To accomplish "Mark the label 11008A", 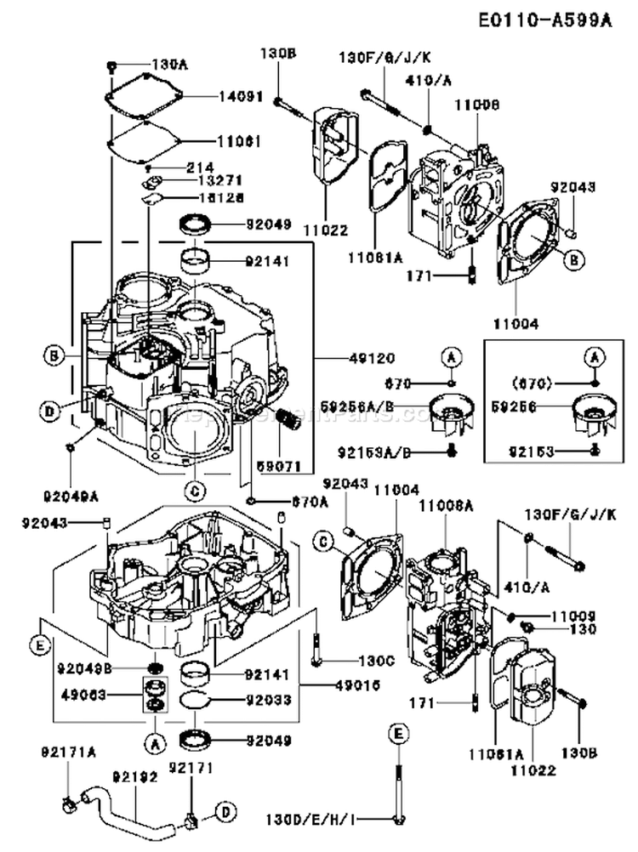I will [445, 505].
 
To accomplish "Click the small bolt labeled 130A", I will [112, 65].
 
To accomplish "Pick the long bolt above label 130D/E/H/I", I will [397, 791].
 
